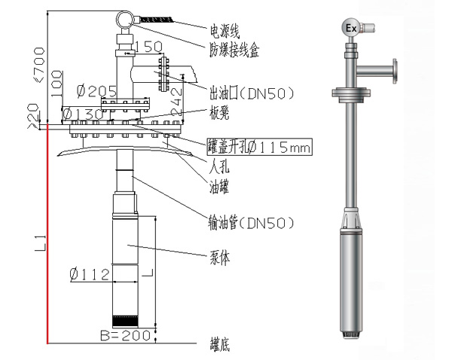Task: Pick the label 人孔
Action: (x=219, y=163)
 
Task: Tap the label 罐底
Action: (x=220, y=345)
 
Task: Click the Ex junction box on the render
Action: (x=350, y=28)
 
